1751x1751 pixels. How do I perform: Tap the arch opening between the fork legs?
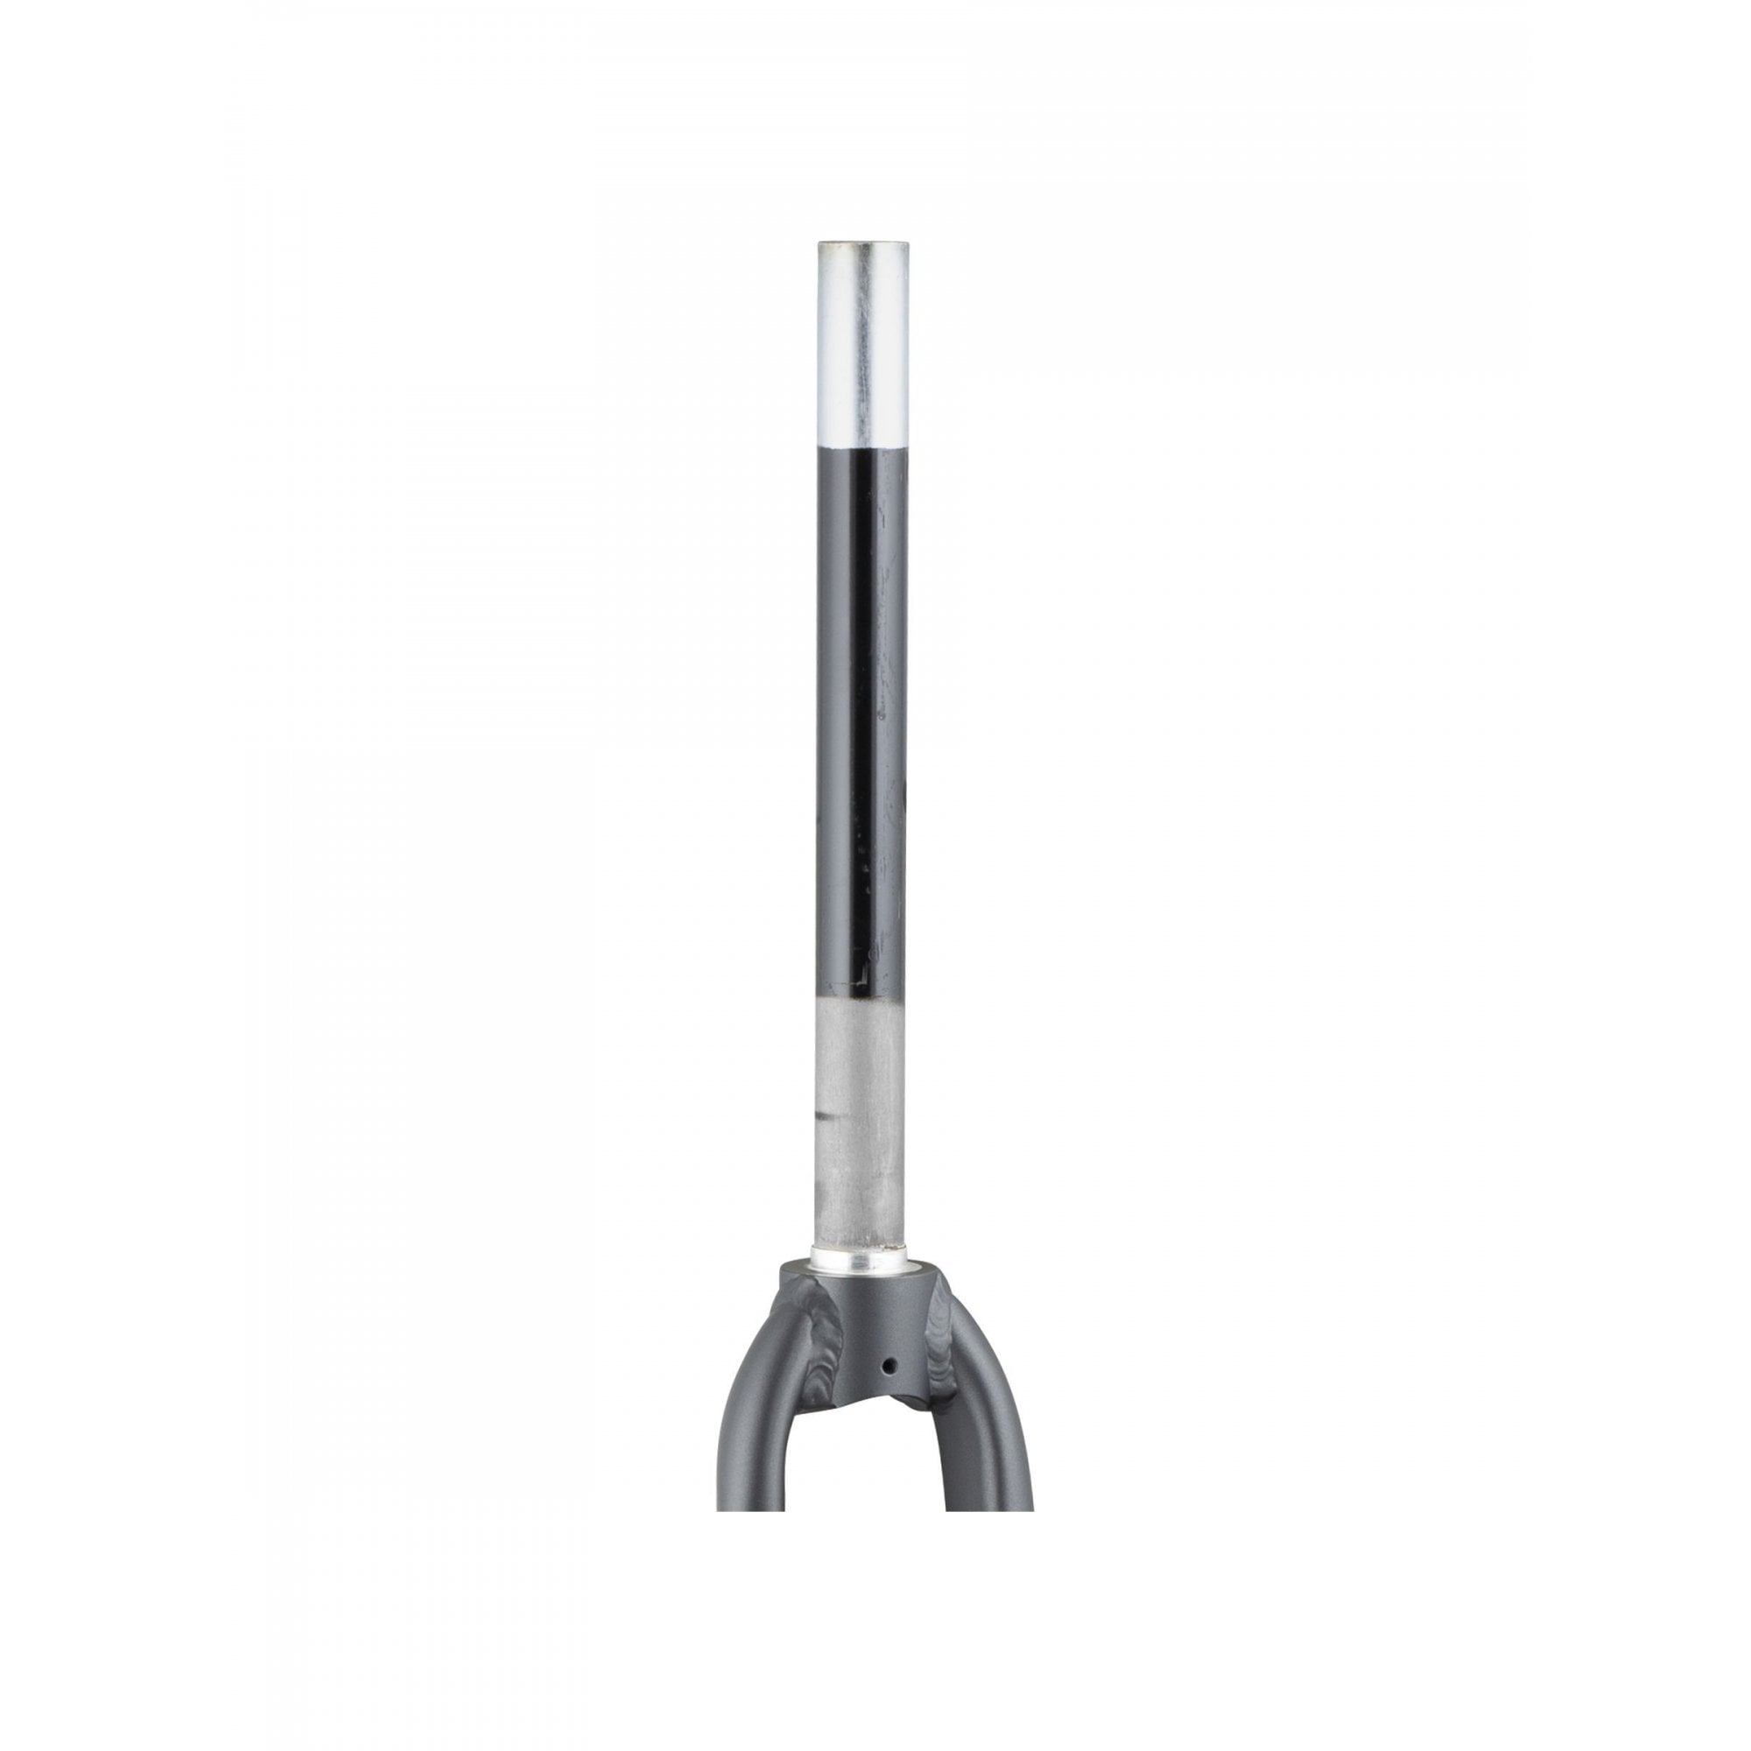click(875, 1541)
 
